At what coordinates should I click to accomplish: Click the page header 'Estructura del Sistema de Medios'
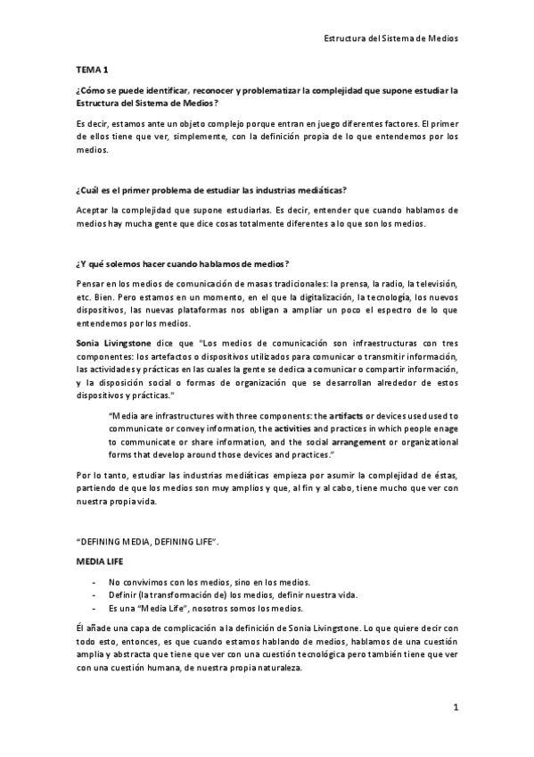390,40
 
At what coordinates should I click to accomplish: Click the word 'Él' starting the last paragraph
80,628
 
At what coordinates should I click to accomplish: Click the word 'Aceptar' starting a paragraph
93,210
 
